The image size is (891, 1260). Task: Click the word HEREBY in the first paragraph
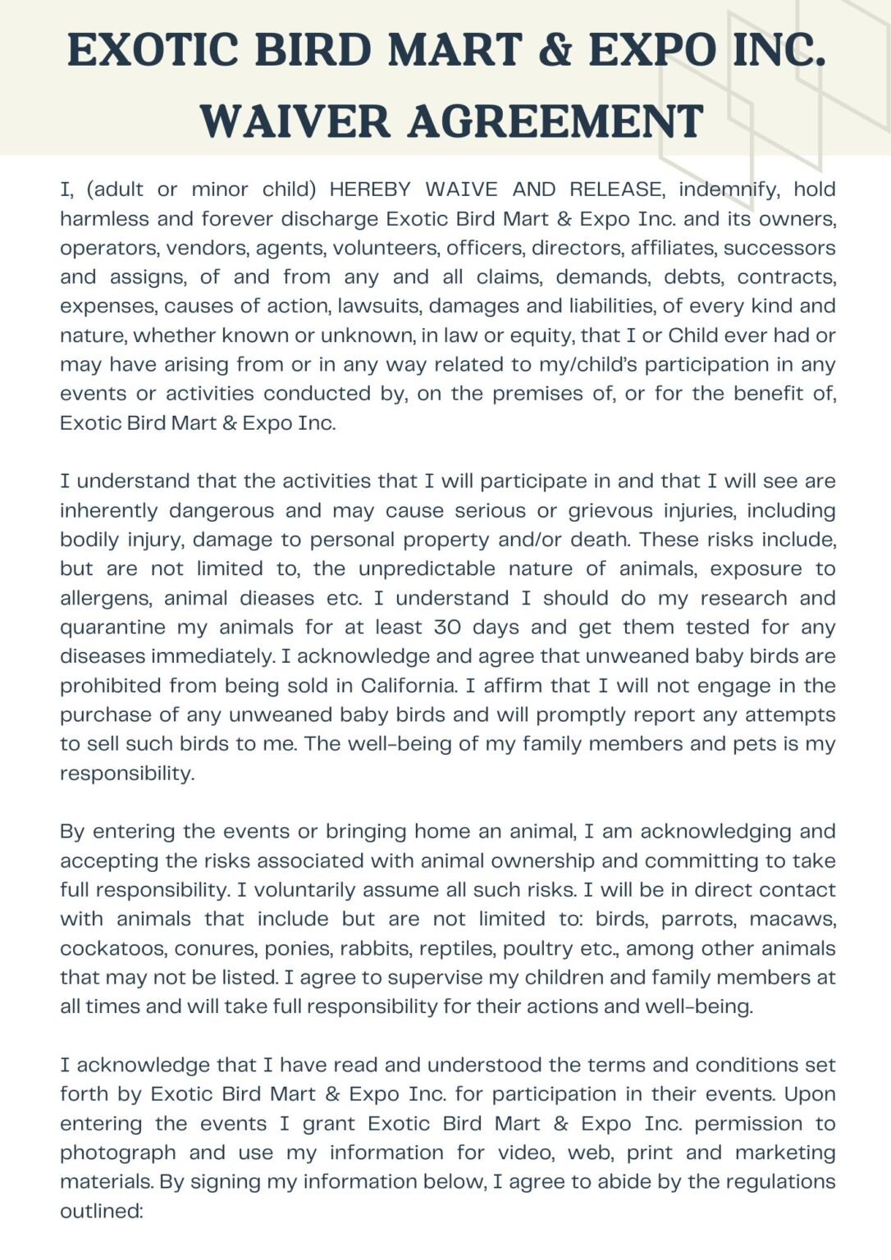pyautogui.click(x=370, y=189)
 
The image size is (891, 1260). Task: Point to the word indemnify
pyautogui.click(x=729, y=189)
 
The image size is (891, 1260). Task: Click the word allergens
pyautogui.click(x=105, y=598)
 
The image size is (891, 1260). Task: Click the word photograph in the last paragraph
pyautogui.click(x=118, y=1153)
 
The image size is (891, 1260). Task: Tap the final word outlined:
pyautogui.click(x=102, y=1211)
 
